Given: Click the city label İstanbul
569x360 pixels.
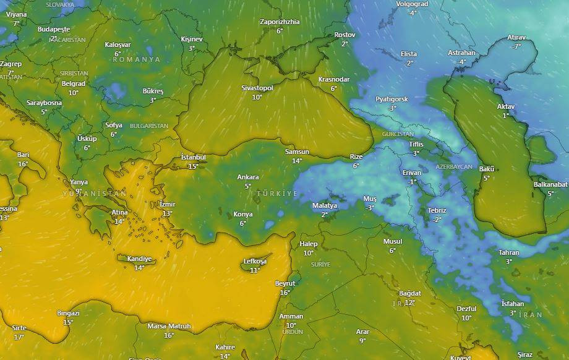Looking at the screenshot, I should point(193,157).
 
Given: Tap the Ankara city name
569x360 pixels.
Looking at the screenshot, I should point(248,177).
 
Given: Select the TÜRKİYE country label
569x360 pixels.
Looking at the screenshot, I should point(277,194).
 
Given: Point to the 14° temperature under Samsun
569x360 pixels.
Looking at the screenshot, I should point(297,161).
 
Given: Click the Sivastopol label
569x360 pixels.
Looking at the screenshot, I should point(257,88).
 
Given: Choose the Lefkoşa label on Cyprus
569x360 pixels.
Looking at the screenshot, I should point(254,262).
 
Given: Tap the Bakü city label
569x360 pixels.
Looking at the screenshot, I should point(487,169).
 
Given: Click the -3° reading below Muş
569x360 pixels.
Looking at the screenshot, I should point(369,208).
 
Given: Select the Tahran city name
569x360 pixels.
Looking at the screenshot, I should point(509,252).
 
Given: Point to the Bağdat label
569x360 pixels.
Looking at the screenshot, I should point(409,293).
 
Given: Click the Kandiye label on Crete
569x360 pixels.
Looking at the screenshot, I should point(139,259).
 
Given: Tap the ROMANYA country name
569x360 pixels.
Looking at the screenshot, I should point(136,59).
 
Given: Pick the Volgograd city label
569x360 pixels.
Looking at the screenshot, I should point(412,4).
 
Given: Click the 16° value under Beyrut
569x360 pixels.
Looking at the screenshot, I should point(285,293).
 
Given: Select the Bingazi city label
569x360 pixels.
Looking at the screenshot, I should point(68,313).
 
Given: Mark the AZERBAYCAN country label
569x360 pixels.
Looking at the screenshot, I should point(453,168).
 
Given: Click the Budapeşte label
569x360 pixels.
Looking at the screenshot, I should point(54,29).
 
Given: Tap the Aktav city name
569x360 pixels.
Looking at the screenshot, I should point(505,106).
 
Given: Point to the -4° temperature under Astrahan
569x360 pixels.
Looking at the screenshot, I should point(461,62).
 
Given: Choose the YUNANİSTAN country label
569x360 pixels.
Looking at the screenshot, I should point(94,194).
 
